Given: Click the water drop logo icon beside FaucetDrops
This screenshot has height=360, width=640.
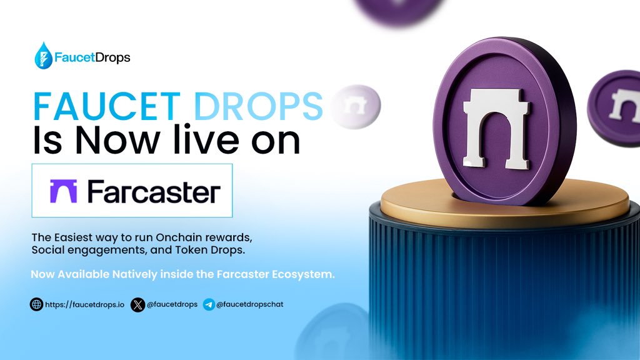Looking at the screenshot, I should [44, 55].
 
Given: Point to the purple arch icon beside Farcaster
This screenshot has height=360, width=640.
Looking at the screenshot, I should [63, 191].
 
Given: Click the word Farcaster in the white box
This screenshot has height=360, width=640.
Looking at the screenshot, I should [154, 191].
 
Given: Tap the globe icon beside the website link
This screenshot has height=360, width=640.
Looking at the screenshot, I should [36, 305].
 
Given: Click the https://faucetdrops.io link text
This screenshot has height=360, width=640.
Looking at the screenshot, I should [85, 305].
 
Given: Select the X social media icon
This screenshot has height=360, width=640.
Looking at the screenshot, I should [137, 305].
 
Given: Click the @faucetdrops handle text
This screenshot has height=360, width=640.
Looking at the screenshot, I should [172, 305].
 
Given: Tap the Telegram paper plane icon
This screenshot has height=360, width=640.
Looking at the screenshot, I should [209, 305].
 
